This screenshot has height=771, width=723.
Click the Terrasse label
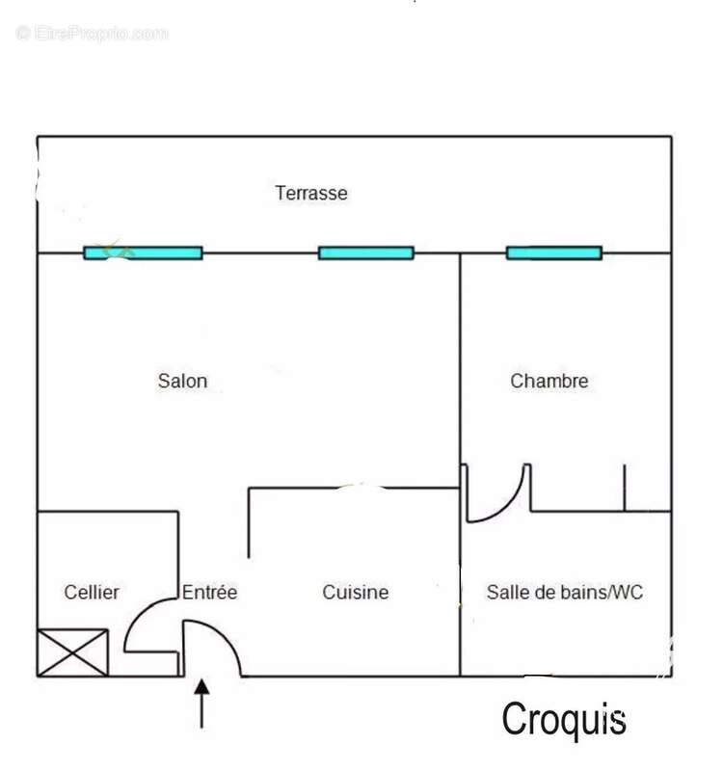click(311, 194)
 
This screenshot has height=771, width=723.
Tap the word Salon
click(182, 381)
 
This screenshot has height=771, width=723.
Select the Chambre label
click(549, 381)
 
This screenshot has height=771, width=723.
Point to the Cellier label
click(92, 592)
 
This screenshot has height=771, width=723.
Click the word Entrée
click(209, 592)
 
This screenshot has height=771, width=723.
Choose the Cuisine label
click(356, 592)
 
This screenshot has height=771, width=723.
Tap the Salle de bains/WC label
click(565, 592)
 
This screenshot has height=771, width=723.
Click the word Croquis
click(564, 720)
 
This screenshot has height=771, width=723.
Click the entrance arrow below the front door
click(201, 704)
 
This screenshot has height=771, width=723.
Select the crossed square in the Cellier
click(73, 652)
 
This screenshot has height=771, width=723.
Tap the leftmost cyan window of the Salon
click(143, 253)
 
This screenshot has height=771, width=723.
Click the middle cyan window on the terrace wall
click(366, 253)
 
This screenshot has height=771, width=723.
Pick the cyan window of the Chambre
click(554, 253)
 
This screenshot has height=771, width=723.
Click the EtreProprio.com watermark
click(92, 34)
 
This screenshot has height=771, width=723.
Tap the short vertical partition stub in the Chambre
click(624, 488)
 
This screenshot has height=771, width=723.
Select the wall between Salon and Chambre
click(461, 359)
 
